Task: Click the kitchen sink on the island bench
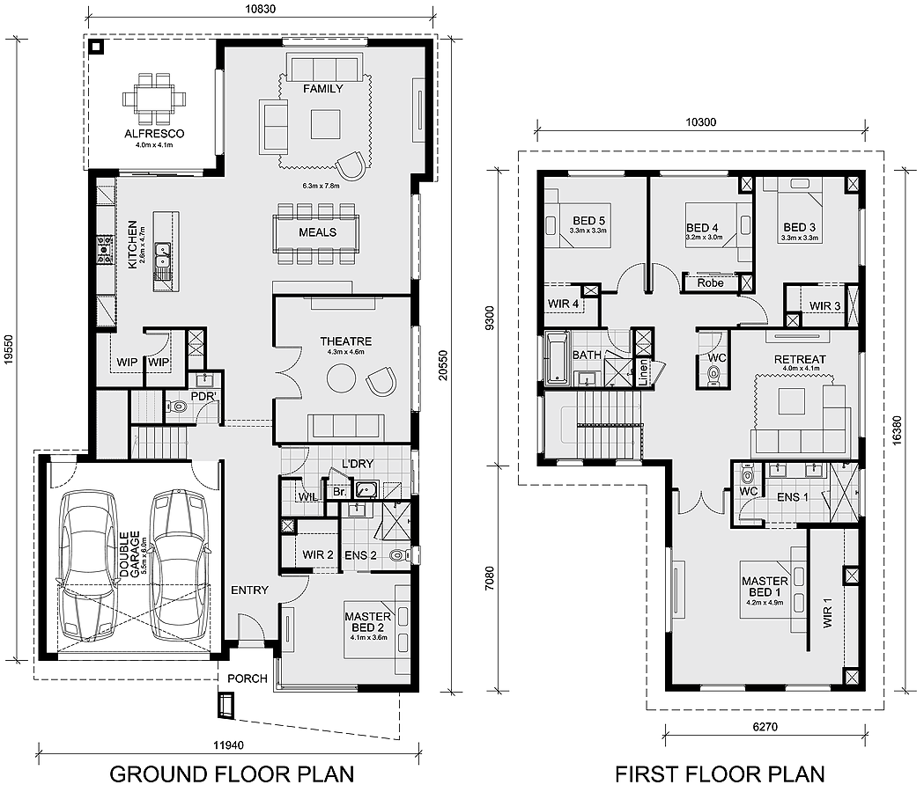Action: [162, 256]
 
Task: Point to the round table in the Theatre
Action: [341, 379]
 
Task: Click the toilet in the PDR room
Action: [176, 407]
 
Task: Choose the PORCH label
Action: [247, 678]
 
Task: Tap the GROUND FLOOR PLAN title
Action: [232, 774]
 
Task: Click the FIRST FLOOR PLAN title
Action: [720, 774]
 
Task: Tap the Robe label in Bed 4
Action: [710, 283]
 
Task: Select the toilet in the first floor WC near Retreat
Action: [713, 376]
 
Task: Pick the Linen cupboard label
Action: [643, 372]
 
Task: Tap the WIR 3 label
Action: [824, 305]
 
